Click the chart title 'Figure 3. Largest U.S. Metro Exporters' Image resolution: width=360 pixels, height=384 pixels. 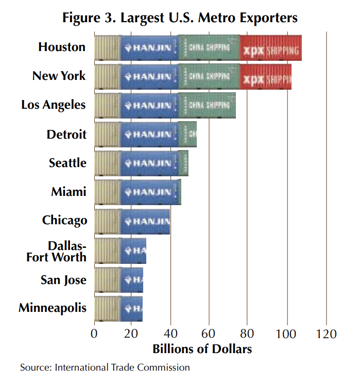[180, 18]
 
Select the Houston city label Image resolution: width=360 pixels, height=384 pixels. [62, 47]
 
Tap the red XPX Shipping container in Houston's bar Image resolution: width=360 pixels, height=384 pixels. [271, 48]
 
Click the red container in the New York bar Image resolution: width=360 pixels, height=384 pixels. [266, 77]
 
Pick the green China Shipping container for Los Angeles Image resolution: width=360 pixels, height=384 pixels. [207, 106]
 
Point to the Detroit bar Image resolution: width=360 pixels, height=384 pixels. [145, 135]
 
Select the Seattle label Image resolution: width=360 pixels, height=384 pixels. [67, 163]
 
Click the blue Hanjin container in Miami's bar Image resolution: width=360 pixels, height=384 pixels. [149, 192]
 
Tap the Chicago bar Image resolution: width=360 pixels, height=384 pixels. [132, 222]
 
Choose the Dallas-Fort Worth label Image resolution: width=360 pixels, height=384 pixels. [57, 251]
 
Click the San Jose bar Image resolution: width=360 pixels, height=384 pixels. [118, 280]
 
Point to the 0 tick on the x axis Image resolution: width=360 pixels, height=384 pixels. [94, 333]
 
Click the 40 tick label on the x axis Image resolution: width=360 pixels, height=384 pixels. [170, 333]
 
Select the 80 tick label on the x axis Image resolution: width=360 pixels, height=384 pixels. [248, 333]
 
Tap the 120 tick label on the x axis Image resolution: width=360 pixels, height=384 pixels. [325, 333]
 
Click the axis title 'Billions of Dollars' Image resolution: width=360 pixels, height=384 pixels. [202, 349]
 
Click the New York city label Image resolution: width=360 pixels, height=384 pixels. [59, 76]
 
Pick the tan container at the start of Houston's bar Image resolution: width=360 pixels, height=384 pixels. [108, 48]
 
